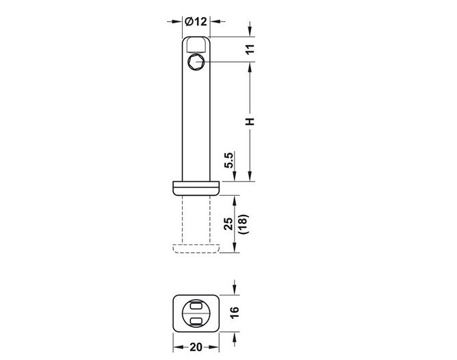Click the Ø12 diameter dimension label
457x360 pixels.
pos(196,21)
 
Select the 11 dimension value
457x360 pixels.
pos(250,49)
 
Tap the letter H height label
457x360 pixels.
pos(250,121)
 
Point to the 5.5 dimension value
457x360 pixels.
pos(229,160)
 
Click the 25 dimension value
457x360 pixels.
pos(229,224)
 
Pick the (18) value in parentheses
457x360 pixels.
pos(243,224)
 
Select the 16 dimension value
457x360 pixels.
pos(235,313)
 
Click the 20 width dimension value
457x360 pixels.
pos(196,347)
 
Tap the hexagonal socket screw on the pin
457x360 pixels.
pos(196,62)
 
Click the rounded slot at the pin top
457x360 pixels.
pos(196,44)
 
